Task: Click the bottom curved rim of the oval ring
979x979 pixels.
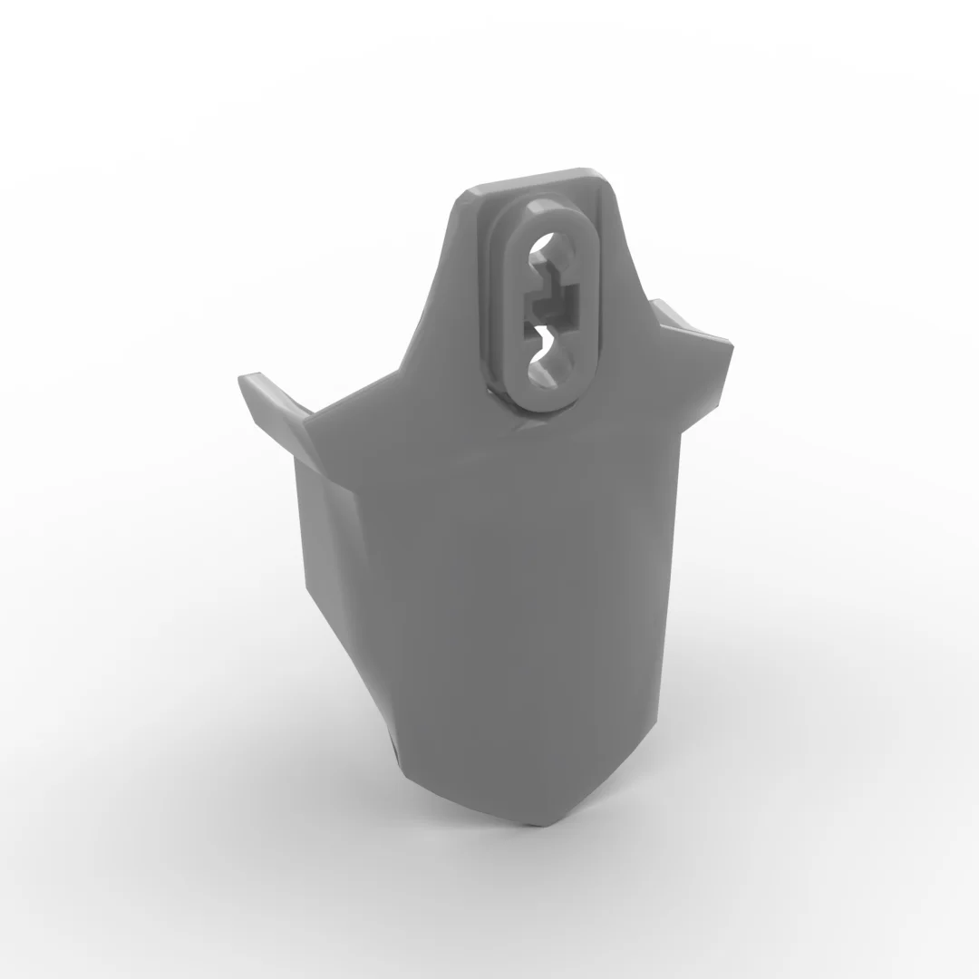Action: click(547, 402)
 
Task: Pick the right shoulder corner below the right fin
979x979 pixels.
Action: click(682, 431)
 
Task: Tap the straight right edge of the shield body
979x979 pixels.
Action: click(674, 562)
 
